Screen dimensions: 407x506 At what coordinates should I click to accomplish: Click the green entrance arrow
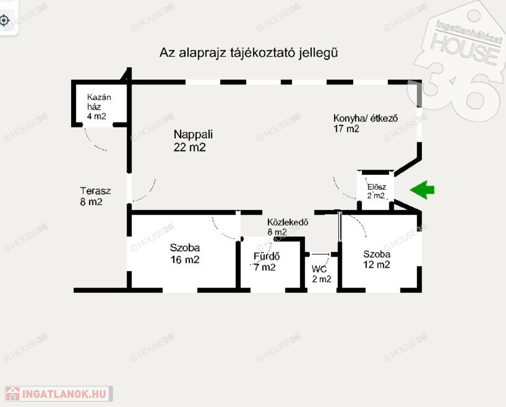point(423,190)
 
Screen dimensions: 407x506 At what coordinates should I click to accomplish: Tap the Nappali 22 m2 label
point(189,141)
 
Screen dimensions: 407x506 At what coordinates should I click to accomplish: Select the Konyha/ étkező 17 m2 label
point(365,123)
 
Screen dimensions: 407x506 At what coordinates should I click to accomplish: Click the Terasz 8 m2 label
point(95,196)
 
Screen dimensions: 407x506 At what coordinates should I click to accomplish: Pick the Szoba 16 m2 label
point(185,253)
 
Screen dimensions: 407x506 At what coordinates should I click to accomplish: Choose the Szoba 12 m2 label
point(377,259)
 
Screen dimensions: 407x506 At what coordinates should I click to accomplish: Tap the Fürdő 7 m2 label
point(265,262)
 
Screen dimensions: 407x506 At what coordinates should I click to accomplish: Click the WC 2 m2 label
point(321,273)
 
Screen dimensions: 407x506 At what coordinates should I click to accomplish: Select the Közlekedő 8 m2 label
point(287,227)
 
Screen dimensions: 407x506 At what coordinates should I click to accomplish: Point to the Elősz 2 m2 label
point(377,191)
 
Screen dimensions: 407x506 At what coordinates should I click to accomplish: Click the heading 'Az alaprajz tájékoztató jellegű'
point(249,53)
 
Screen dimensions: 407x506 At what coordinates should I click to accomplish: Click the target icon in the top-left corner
point(5,21)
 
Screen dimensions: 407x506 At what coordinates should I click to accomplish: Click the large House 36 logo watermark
point(461,58)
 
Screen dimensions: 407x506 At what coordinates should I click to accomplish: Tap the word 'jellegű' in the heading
point(318,53)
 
